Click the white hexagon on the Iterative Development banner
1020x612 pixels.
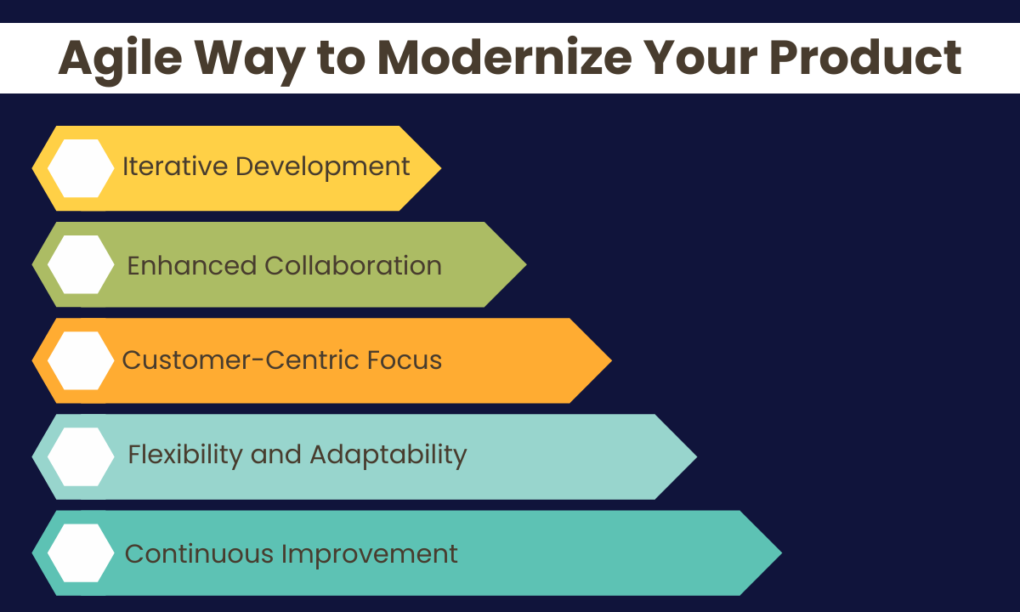click(81, 168)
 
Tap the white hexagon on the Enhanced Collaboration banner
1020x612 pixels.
click(81, 264)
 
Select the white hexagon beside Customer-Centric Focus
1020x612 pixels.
click(81, 360)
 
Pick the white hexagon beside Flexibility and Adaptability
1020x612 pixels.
click(81, 456)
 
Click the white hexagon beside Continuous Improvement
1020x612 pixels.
click(81, 552)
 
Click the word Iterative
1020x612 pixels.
click(175, 167)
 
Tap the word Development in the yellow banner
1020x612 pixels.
click(323, 167)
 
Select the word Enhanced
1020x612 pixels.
click(192, 265)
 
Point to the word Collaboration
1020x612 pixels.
click(354, 265)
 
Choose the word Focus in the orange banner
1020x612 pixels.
click(405, 360)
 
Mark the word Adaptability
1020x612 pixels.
click(388, 455)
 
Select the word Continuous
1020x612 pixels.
click(199, 554)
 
